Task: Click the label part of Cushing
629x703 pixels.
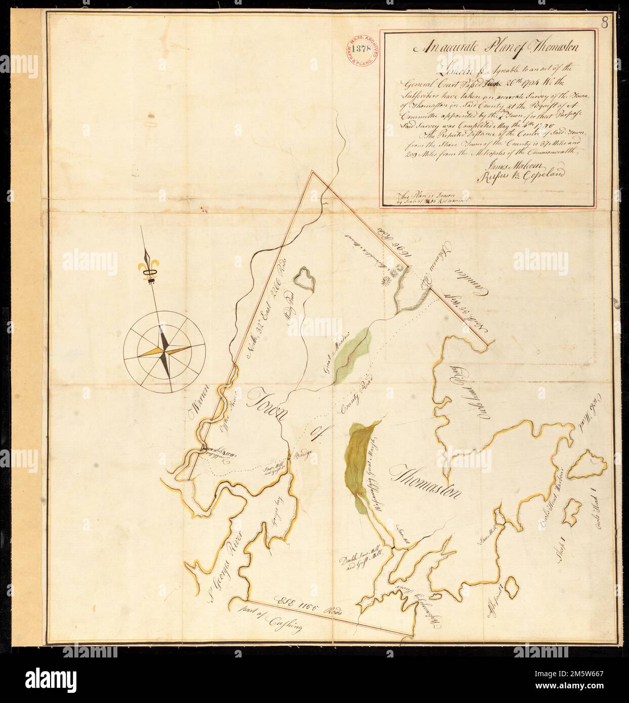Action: click(x=279, y=616)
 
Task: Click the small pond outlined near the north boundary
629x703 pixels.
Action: click(x=305, y=278)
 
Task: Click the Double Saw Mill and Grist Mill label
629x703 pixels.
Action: click(x=360, y=562)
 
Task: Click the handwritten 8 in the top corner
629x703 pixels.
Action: click(x=606, y=22)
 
